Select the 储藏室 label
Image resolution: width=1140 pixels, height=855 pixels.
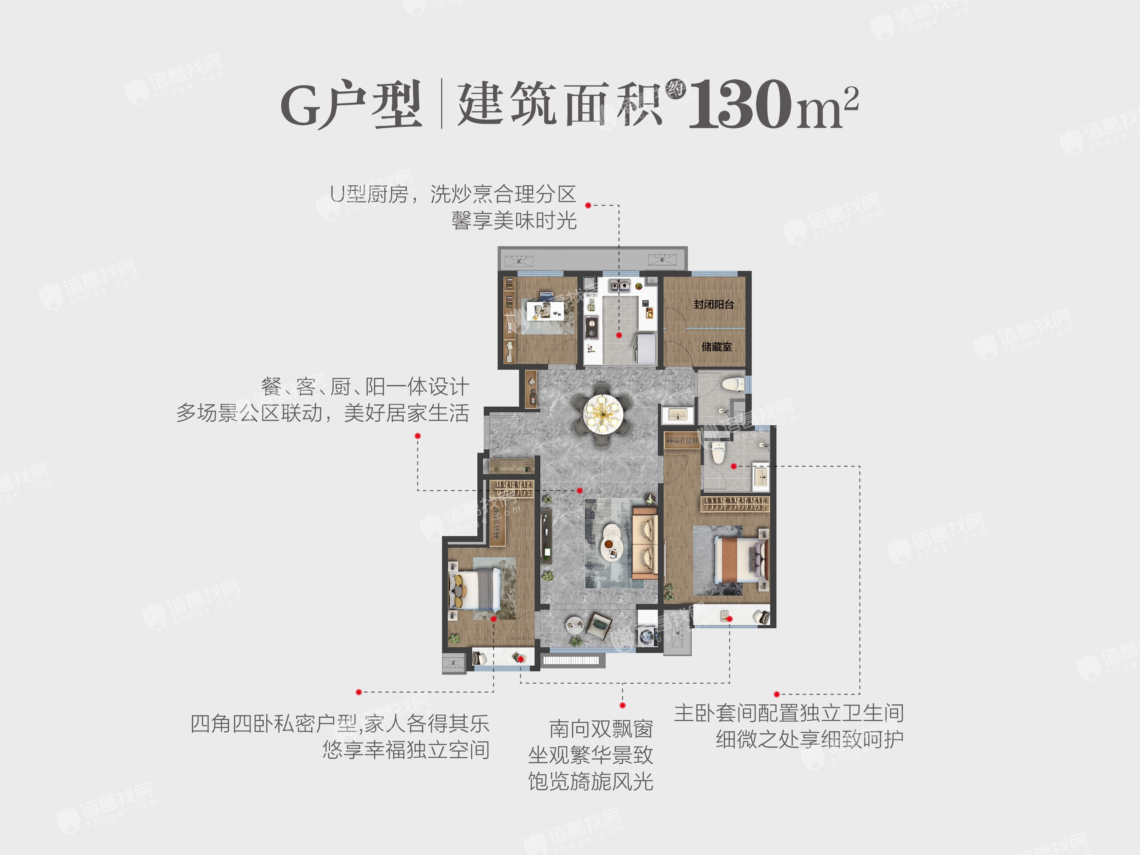[x=716, y=347]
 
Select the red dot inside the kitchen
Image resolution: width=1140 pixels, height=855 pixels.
[x=619, y=335]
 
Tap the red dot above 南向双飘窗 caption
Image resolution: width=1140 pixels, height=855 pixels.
[x=623, y=705]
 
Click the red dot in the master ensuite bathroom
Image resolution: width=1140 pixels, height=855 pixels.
[x=734, y=466]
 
